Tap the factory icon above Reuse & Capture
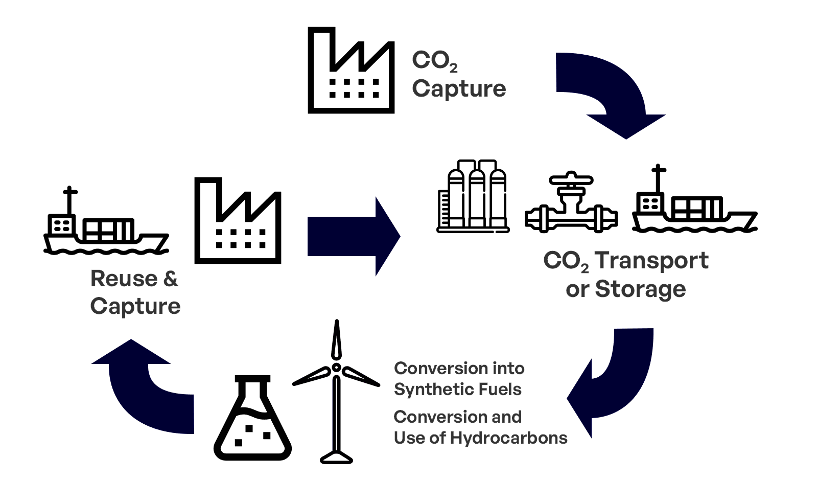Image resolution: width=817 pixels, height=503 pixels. click(238, 221)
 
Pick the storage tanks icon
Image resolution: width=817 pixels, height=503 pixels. click(473, 197)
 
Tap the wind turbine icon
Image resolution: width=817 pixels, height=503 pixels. click(336, 394)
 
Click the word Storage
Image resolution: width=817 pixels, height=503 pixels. click(640, 289)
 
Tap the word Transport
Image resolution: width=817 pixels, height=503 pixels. click(651, 261)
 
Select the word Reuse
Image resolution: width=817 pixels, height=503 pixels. click(124, 279)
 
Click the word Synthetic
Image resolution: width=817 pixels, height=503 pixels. click(428, 390)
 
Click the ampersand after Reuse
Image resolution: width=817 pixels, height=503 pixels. click(171, 279)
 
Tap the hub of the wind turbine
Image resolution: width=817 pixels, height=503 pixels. click(336, 368)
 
